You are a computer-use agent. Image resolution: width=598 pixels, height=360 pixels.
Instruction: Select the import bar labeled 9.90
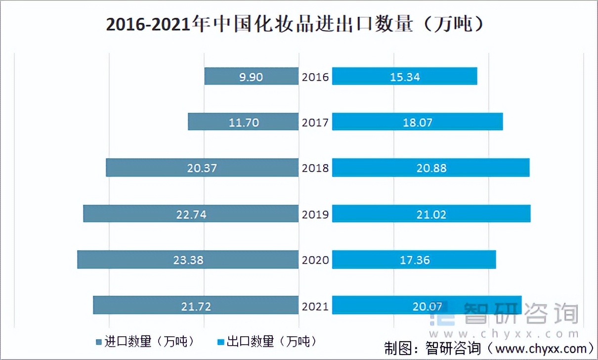point(252,76)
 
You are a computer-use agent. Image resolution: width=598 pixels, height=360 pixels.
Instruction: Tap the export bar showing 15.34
point(404,76)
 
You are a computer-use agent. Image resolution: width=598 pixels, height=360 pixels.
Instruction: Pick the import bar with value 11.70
point(243,122)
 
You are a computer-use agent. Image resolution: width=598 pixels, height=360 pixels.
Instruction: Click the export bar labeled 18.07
point(417,122)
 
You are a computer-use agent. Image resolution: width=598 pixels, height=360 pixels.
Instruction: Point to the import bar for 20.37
point(202,168)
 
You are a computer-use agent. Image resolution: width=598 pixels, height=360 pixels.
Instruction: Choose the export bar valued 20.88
point(430,168)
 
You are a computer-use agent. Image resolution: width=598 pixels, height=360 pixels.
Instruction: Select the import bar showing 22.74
point(191,214)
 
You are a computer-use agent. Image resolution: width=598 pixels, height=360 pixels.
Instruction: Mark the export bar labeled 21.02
point(431,214)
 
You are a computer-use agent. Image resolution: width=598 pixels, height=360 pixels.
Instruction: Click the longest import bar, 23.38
point(188,260)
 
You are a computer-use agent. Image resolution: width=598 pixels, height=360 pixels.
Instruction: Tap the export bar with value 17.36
point(414,260)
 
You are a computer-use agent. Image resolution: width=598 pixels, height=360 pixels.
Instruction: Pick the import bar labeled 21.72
point(196,306)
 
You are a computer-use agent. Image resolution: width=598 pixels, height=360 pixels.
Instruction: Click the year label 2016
point(315,77)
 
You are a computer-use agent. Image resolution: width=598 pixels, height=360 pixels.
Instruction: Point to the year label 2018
point(315,168)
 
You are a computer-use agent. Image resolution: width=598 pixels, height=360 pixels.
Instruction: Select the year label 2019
point(315,214)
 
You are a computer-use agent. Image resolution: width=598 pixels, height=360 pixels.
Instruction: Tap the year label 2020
point(315,260)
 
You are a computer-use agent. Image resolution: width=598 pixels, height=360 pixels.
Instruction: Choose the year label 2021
point(315,306)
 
